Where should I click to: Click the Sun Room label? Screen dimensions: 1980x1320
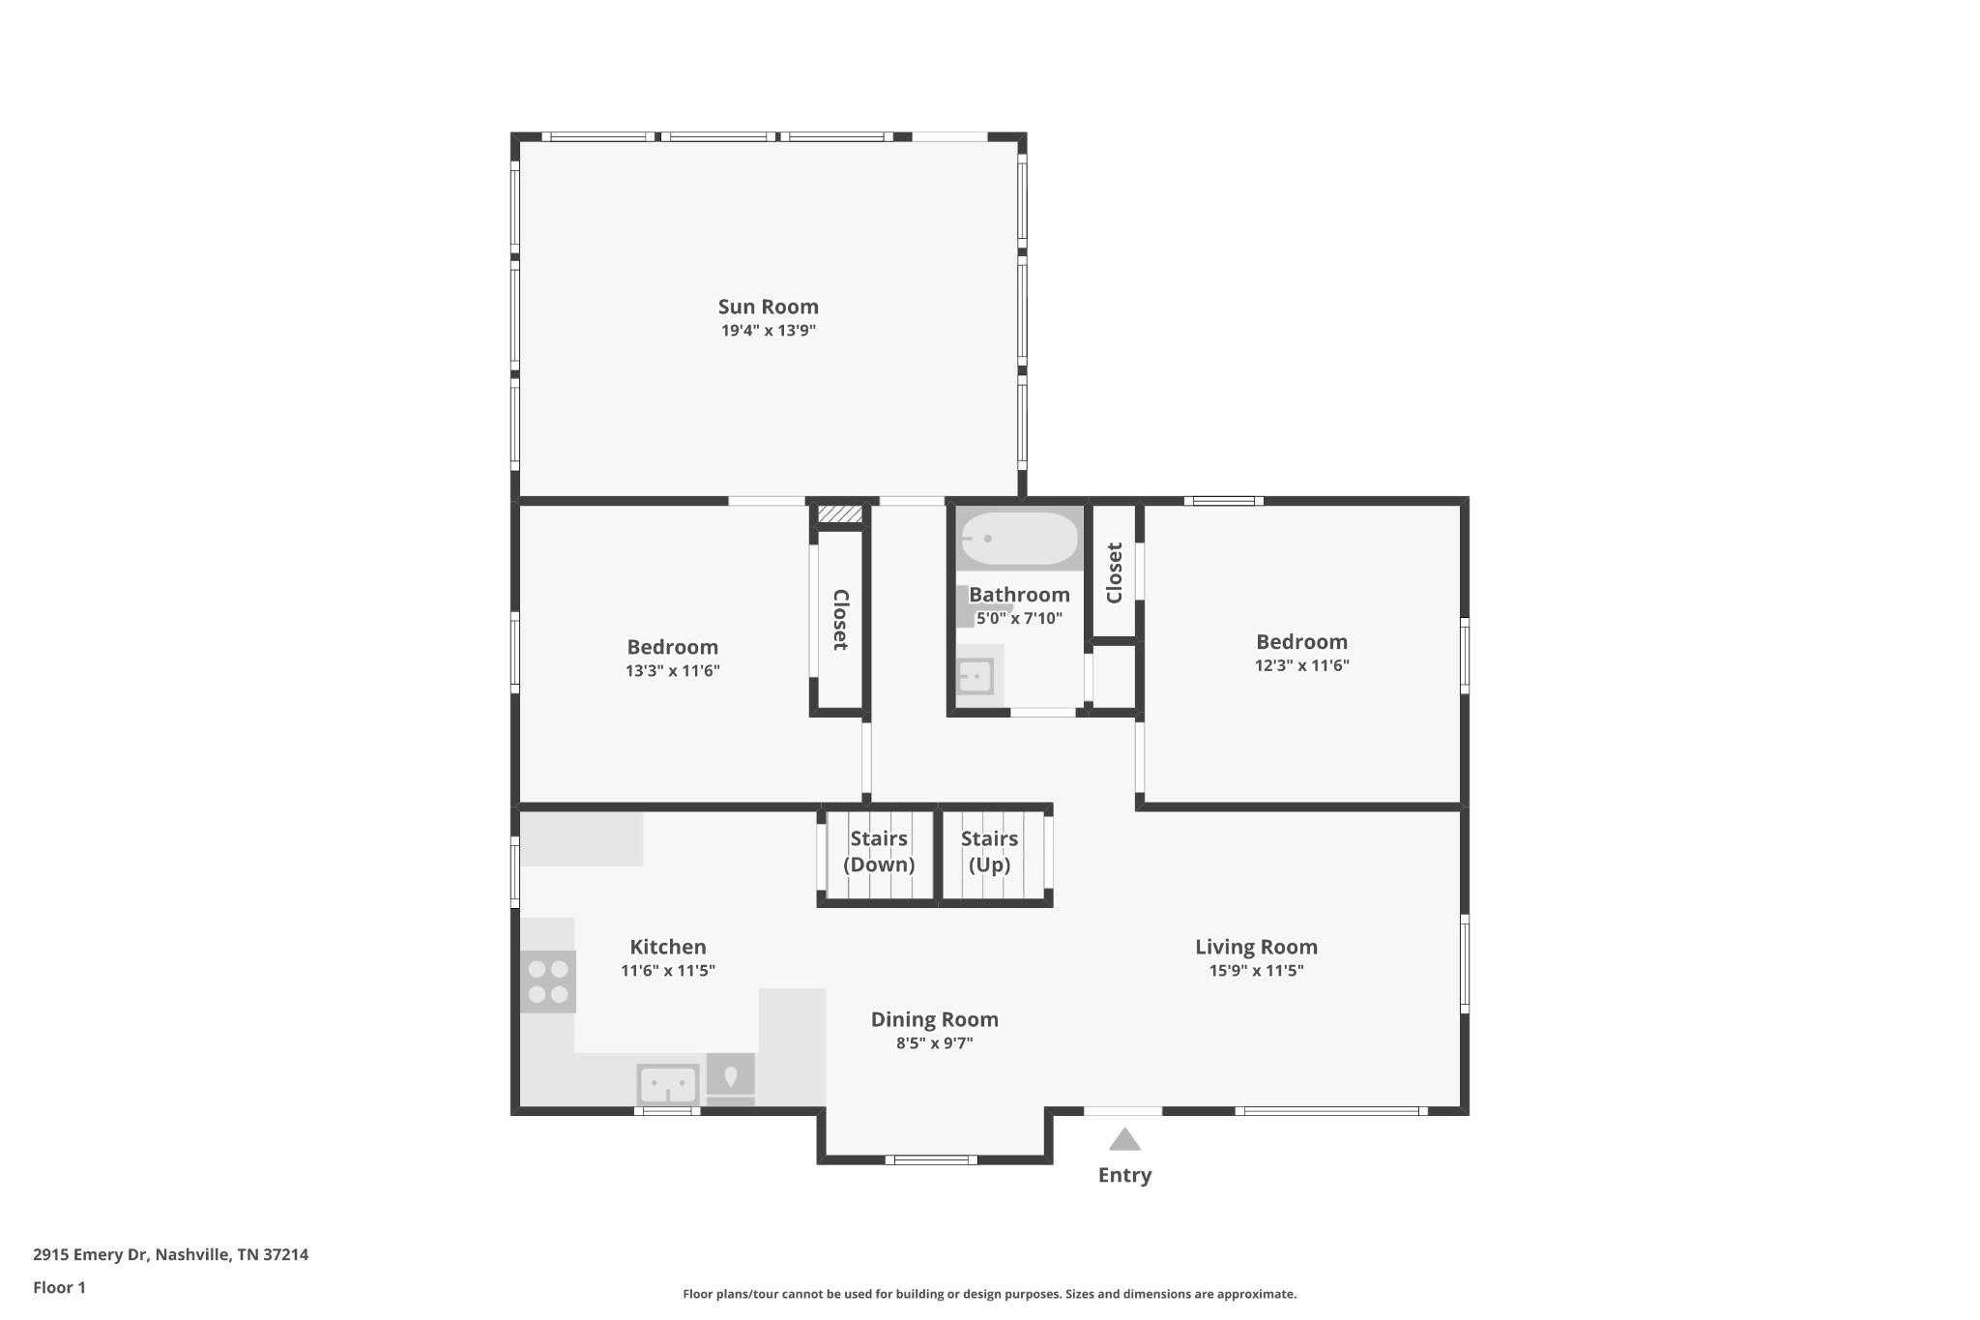[x=768, y=307]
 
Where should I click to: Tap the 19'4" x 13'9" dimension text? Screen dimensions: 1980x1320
[x=768, y=331]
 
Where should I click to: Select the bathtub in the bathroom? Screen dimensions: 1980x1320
[x=1019, y=539]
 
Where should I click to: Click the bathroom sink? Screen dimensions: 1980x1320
[x=975, y=676]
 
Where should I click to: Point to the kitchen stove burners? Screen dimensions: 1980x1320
[x=548, y=982]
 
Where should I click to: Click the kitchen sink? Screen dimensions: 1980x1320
[x=667, y=1084]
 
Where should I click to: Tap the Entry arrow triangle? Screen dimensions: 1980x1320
[x=1124, y=1139]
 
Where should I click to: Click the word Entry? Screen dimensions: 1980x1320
[x=1124, y=1175]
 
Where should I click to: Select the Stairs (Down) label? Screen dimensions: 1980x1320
[x=879, y=852]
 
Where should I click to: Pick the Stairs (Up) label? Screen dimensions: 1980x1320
[x=989, y=852]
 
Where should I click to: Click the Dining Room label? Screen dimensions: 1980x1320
[x=934, y=1019]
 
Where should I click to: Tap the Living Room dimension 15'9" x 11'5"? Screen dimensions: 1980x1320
[x=1256, y=971]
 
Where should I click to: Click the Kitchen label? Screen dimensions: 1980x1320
[x=667, y=947]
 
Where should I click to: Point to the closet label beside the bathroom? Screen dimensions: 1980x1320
[x=1114, y=572]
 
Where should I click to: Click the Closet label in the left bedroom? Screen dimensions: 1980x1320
[x=840, y=620]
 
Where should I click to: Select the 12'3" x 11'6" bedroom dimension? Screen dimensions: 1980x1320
[x=1301, y=665]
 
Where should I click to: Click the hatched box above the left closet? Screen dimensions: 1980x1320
[x=839, y=514]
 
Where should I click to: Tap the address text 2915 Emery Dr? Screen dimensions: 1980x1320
[x=91, y=1255]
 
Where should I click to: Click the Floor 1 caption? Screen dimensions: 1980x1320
[x=59, y=1287]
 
